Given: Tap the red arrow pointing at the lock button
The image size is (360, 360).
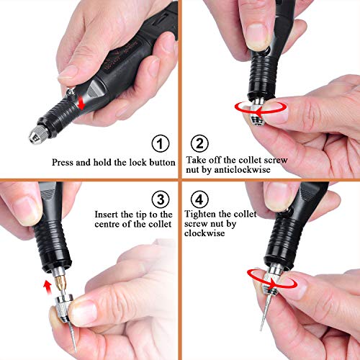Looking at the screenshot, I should pyautogui.click(x=81, y=103).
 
